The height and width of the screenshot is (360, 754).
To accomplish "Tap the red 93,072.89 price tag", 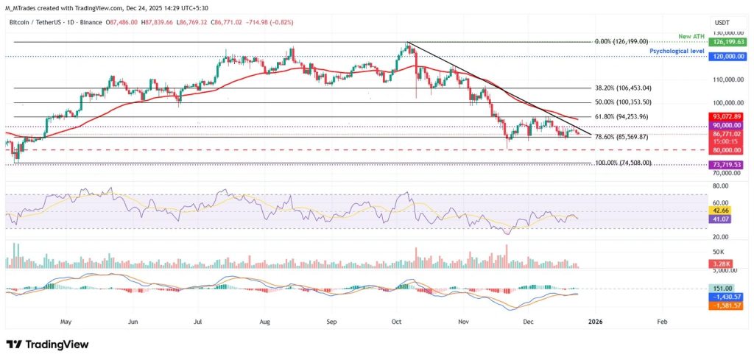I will (726, 116).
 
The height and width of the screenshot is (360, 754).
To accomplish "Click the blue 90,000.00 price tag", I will (726, 125).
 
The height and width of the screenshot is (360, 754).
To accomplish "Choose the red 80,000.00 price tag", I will (726, 150).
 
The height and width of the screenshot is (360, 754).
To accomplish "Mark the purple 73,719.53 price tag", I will (726, 165).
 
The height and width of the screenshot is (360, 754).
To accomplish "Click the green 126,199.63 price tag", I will (726, 43).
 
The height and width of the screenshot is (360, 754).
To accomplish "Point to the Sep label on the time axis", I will (331, 322).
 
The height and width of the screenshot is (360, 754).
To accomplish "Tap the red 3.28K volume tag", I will (722, 263).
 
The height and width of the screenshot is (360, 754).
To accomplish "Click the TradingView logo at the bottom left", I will (47, 345).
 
